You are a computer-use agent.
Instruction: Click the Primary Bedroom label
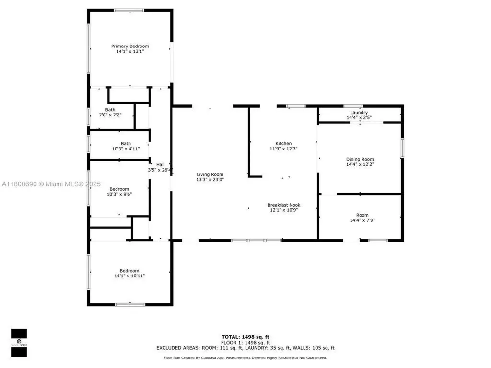[127, 46]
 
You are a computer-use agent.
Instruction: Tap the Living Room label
[210, 174]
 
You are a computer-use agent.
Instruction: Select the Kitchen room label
[283, 143]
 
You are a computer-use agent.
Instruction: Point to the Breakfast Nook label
[284, 205]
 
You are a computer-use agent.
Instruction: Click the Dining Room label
[360, 159]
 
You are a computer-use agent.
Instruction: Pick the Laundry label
[359, 112]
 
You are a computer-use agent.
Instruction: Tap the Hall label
[160, 164]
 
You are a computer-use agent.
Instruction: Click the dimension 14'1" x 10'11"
[129, 276]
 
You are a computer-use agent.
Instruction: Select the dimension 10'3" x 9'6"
[119, 194]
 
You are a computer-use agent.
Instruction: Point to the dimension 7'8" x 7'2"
[110, 115]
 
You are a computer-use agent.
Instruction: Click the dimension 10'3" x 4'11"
[126, 149]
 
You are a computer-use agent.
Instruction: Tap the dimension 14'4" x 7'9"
[362, 220]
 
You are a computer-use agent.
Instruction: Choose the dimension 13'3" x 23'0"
[210, 180]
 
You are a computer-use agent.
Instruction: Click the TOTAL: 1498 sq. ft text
[245, 337]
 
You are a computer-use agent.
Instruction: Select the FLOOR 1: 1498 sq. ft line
[245, 342]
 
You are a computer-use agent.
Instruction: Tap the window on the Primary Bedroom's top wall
[129, 10]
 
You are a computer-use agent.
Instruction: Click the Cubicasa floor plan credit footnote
[245, 357]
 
